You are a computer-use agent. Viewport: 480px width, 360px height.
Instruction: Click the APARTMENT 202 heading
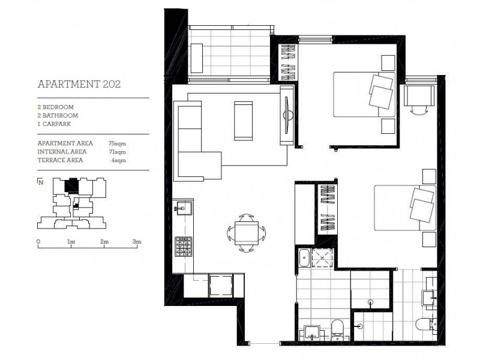[x=79, y=84]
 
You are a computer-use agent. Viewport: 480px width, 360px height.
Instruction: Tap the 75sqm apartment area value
[x=117, y=143]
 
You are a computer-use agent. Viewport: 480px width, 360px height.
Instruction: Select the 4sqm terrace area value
[x=118, y=160]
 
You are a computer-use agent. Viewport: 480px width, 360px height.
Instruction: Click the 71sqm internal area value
[x=117, y=152]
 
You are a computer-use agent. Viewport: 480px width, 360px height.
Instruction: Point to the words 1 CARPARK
[x=54, y=124]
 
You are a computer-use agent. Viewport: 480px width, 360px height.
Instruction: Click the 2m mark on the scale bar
[x=104, y=242]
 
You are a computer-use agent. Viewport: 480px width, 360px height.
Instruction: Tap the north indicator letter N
[x=41, y=183]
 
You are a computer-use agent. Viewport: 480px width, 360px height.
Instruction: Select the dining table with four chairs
[x=247, y=233]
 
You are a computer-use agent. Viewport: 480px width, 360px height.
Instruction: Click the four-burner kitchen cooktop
[x=184, y=247]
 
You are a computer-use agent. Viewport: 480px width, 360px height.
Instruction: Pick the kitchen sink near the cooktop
[x=183, y=208]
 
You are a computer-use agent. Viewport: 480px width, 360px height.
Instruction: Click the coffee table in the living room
[x=244, y=121]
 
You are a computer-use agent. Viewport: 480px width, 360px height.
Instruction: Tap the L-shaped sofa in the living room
[x=193, y=141]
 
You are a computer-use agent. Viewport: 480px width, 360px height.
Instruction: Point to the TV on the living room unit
[x=286, y=115]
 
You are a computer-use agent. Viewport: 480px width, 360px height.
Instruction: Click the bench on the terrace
[x=197, y=58]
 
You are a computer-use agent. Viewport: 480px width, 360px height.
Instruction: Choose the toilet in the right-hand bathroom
[x=426, y=324]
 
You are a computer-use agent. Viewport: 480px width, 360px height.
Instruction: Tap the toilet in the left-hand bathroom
[x=338, y=329]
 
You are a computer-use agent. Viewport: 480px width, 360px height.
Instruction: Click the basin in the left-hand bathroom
[x=312, y=332]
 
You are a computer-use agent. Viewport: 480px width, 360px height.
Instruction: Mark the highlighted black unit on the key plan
[x=71, y=185]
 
